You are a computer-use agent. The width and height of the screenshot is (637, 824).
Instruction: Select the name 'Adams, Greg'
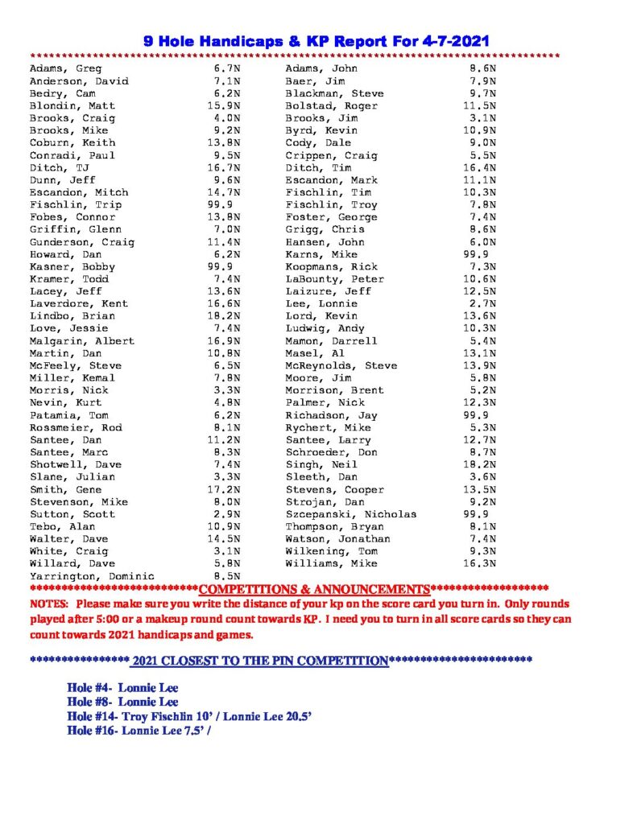click(65, 68)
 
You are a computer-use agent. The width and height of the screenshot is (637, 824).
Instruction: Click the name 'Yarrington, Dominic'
click(92, 576)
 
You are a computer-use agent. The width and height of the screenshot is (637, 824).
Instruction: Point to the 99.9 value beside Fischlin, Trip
click(221, 204)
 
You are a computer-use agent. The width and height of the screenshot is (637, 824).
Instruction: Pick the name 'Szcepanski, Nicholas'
click(351, 514)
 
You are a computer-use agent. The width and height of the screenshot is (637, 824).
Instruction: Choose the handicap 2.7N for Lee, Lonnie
click(483, 303)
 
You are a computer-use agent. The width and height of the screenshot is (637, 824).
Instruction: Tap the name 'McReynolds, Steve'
click(341, 365)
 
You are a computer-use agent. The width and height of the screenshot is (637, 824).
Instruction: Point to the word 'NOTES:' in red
click(49, 604)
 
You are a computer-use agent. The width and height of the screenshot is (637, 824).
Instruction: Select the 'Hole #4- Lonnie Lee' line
click(122, 688)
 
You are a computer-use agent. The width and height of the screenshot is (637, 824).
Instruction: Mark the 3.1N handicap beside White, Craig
click(226, 551)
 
